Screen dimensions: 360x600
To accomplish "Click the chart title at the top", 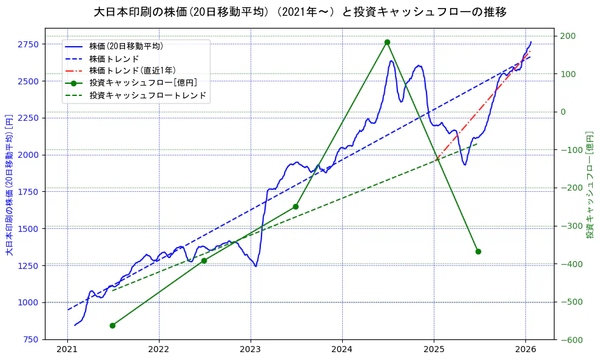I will coord(300,12).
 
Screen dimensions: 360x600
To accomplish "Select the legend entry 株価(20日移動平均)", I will coord(126,46).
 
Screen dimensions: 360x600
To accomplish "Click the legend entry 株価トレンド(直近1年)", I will coord(132,70).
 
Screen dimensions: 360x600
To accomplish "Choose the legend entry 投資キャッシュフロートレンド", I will coord(147,95).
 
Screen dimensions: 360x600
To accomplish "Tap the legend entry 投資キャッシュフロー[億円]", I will coord(143,83).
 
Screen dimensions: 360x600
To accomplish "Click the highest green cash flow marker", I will coord(387,42).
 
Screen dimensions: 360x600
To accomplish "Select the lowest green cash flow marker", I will coord(112,325).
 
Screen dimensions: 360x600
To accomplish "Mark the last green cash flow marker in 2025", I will coord(478,251).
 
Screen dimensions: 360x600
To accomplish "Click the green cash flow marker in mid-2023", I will coord(295,206).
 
